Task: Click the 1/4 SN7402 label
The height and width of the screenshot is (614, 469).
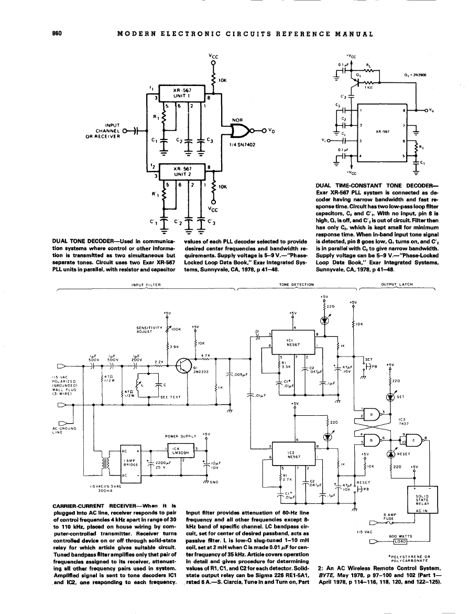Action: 243,144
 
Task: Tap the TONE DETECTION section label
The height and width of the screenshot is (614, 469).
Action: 297,285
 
